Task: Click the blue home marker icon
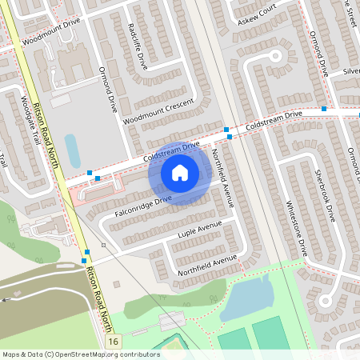180,172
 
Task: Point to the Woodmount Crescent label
158,112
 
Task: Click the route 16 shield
114,342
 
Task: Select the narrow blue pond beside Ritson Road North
72,150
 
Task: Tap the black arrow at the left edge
6,299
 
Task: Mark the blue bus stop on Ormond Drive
324,108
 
